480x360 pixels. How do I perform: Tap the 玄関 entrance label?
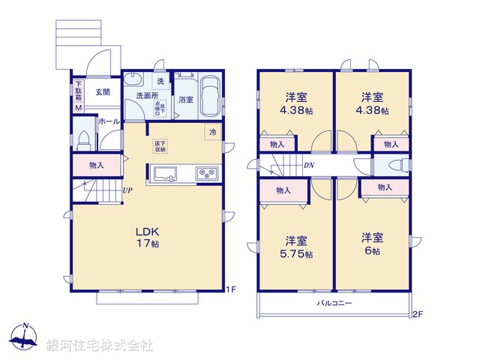103,92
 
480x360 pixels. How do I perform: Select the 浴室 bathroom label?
185,99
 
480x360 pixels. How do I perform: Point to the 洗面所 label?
146,95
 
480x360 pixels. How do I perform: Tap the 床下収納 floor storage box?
160,146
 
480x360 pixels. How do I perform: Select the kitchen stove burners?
207,174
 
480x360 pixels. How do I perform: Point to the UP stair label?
128,190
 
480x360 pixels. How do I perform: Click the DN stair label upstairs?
309,166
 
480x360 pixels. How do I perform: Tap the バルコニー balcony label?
334,303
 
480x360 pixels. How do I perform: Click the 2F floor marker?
417,313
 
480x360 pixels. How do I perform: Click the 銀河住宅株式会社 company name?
100,346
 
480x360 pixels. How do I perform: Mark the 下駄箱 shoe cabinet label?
77,91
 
